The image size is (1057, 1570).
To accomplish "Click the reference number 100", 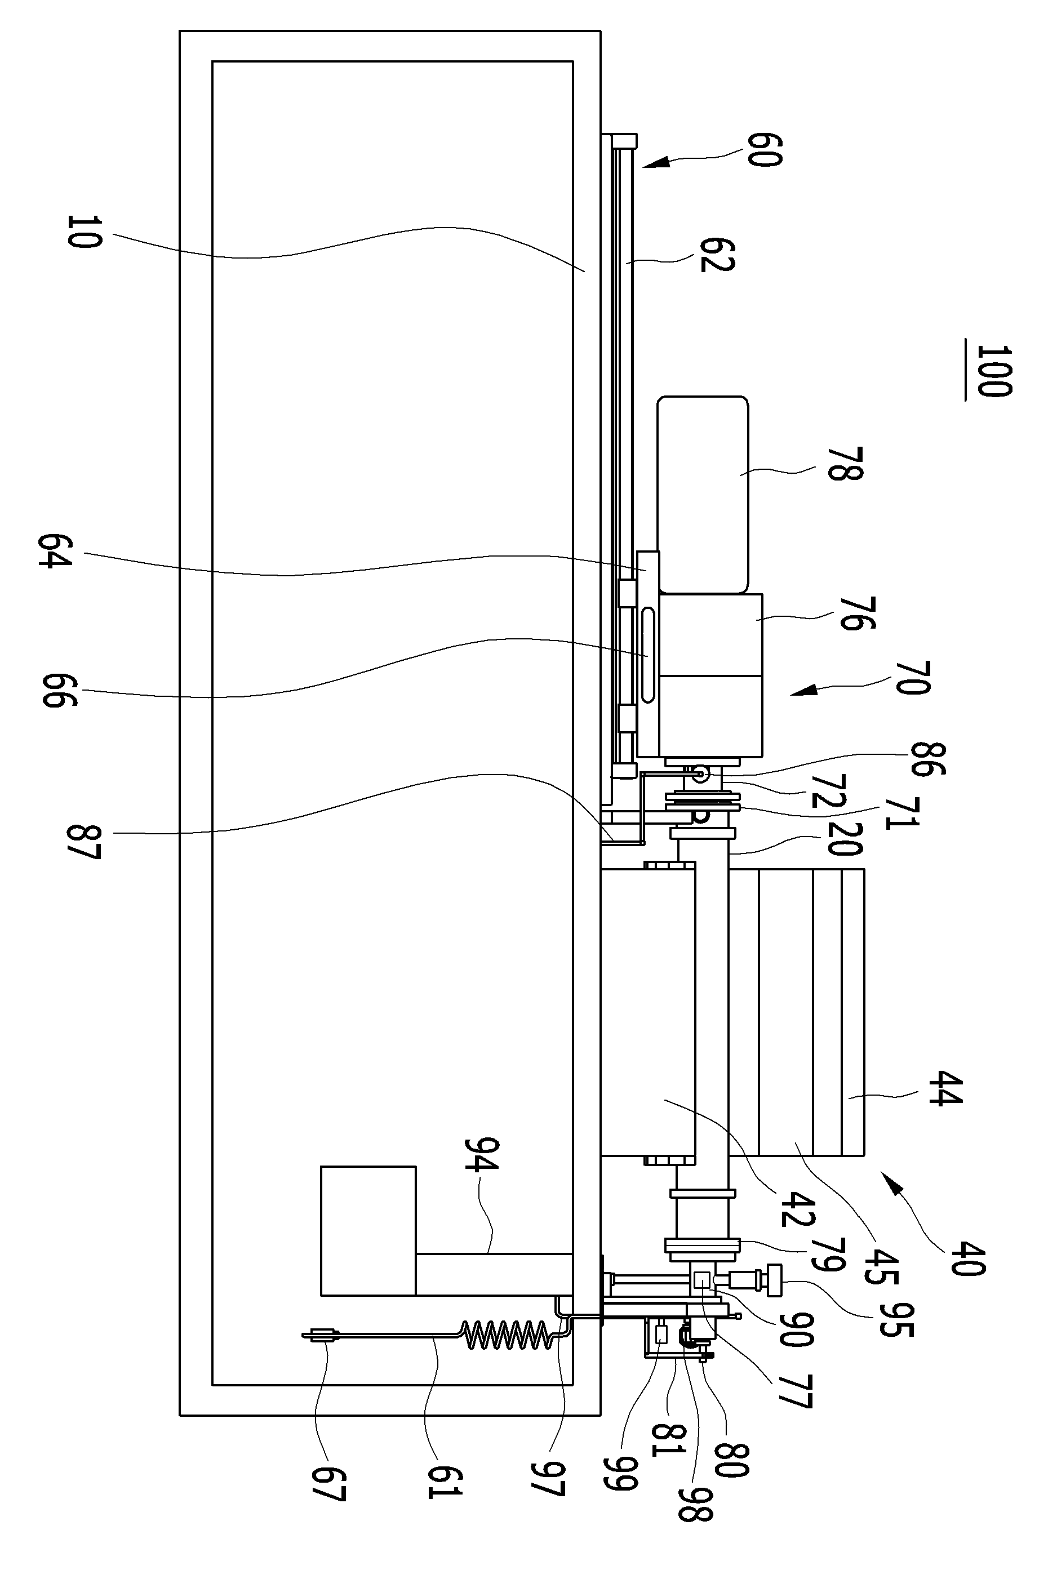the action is pyautogui.click(x=994, y=371).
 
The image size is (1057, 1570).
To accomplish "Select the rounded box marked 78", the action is pyautogui.click(x=703, y=495).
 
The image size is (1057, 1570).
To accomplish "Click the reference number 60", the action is pyautogui.click(x=765, y=150).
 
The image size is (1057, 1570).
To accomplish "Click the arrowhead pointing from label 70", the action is pyautogui.click(x=803, y=691).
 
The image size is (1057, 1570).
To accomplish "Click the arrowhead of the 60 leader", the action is pyautogui.click(x=654, y=163).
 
